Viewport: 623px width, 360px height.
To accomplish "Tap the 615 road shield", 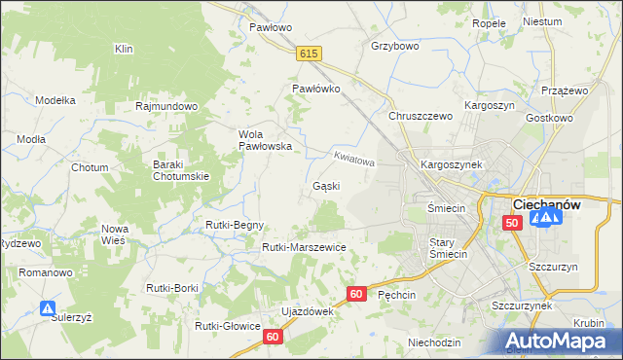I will click(x=310, y=55).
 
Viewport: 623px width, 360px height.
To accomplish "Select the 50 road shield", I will click(x=512, y=223).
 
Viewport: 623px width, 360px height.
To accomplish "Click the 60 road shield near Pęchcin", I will click(x=356, y=293).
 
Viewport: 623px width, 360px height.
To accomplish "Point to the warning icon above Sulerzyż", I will click(x=48, y=308).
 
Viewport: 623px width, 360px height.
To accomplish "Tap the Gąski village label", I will click(x=325, y=186).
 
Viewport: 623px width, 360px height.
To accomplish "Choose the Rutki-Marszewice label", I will click(x=304, y=247).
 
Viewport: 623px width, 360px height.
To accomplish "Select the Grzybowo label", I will click(x=394, y=46).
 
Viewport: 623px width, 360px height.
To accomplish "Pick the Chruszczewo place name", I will click(x=421, y=116).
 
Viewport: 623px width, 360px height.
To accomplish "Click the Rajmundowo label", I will click(x=167, y=106).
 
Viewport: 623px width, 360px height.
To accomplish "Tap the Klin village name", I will click(x=124, y=49).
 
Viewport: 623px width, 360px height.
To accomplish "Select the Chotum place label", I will click(x=90, y=167).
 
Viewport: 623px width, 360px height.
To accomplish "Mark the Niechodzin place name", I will click(x=434, y=342).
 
